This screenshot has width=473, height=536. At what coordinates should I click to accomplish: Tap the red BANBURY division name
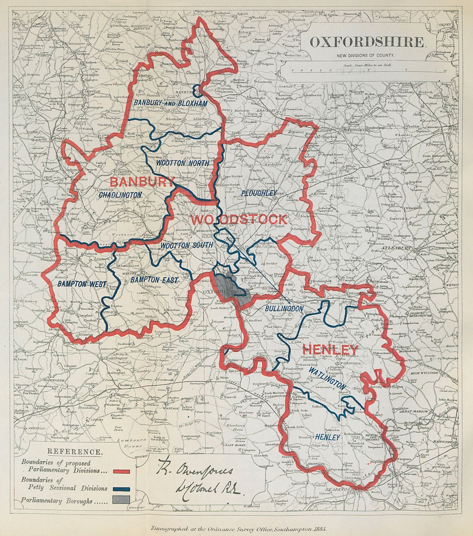click(142, 182)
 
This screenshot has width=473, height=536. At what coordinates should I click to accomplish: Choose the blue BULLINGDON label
click(284, 308)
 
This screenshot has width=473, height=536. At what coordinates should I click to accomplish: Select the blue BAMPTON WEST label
click(81, 284)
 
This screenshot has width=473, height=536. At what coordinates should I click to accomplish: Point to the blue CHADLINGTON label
click(120, 195)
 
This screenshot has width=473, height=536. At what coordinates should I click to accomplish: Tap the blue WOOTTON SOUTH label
click(186, 245)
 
